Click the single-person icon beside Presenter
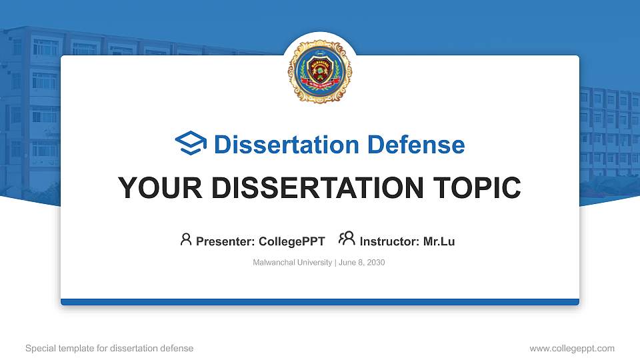coord(186,239)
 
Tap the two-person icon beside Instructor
coord(347,239)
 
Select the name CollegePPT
coord(291,241)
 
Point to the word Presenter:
coord(225,241)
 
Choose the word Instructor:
coord(389,241)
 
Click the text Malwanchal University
coord(292,263)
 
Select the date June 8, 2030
coord(362,263)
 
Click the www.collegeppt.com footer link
coord(571,348)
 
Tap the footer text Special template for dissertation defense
coord(109,348)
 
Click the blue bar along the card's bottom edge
coord(319,302)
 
